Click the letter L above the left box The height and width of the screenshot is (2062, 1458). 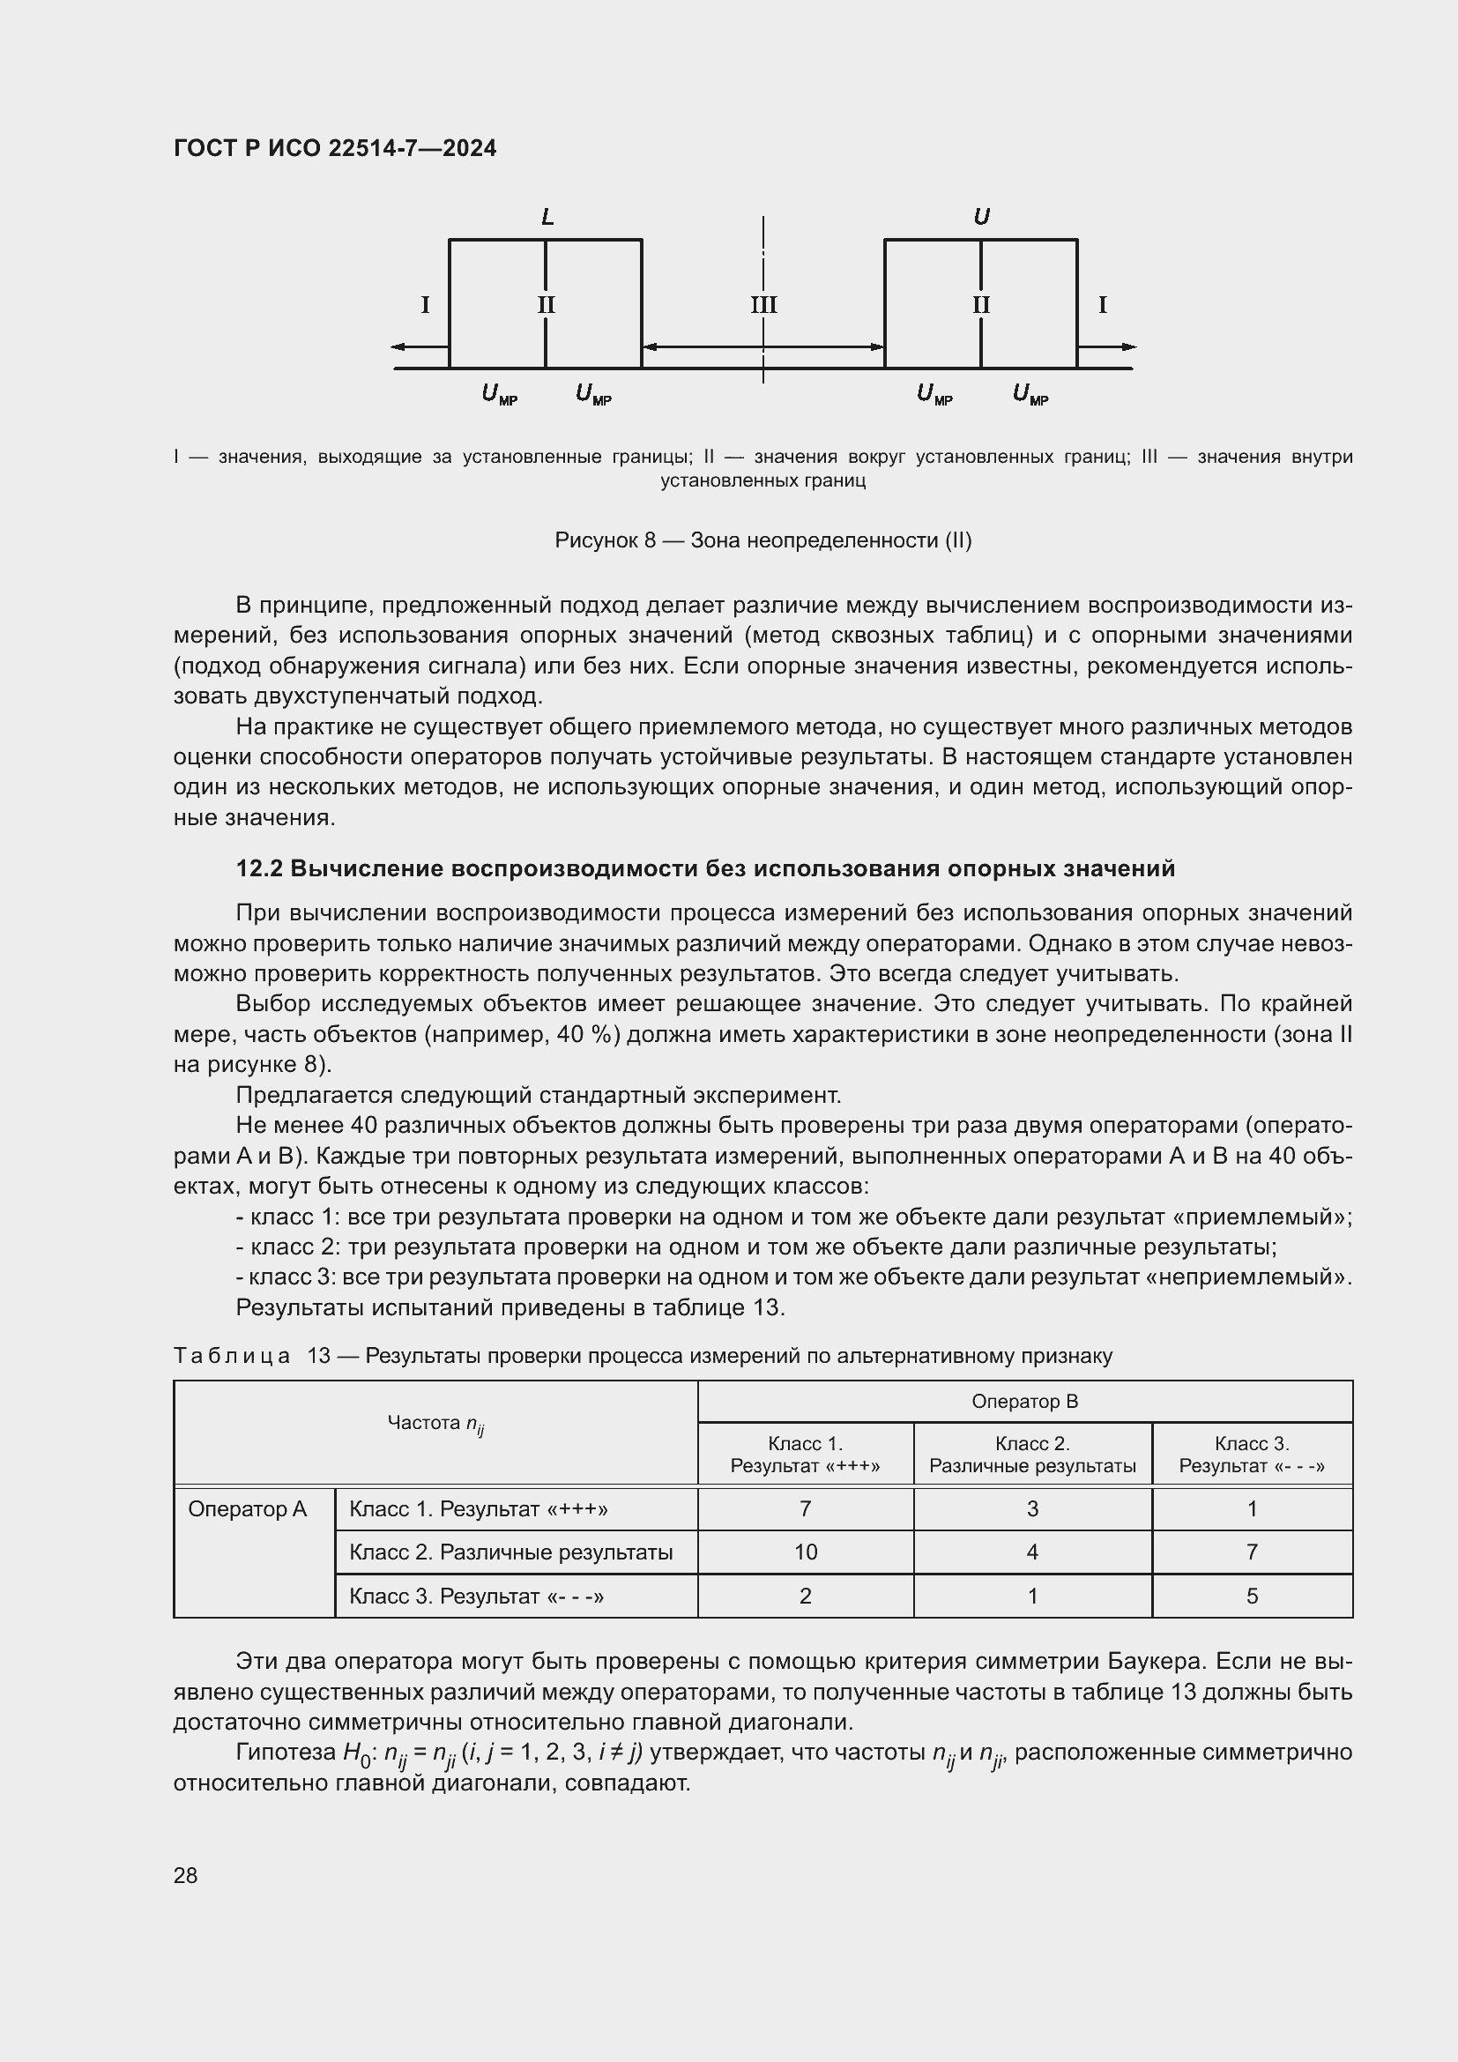(547, 218)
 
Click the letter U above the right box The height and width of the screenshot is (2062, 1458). (981, 218)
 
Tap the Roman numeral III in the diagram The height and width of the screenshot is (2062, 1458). (763, 305)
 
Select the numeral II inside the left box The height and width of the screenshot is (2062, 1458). (546, 305)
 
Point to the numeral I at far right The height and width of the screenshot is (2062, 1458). (1103, 305)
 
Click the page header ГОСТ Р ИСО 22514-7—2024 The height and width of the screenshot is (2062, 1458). (335, 148)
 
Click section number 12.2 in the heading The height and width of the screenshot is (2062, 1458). (259, 868)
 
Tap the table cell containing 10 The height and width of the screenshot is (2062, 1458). (806, 1552)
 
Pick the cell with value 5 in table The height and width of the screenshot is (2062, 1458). (1252, 1596)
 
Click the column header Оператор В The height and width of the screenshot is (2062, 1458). (1024, 1402)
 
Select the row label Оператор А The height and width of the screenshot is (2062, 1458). (248, 1508)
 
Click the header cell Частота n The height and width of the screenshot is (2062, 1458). (435, 1424)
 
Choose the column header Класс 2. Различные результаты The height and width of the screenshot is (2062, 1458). (1032, 1455)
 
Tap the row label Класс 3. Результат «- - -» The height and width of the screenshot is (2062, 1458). (476, 1596)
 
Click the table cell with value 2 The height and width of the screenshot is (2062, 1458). (806, 1596)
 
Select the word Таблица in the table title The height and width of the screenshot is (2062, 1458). (232, 1356)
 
